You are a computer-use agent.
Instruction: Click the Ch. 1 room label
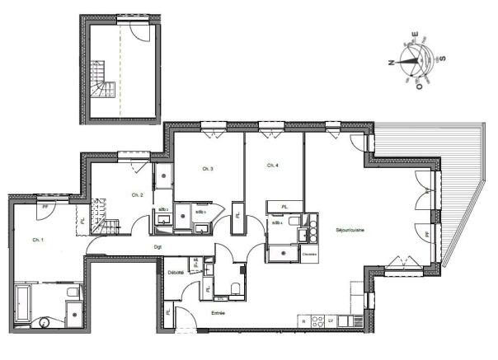(x=37, y=240)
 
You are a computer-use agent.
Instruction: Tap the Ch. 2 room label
(x=138, y=194)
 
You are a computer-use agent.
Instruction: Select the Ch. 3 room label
(x=208, y=169)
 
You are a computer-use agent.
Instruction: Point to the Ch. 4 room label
(x=272, y=166)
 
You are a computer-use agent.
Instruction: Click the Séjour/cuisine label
(x=350, y=230)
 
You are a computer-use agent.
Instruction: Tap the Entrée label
(x=218, y=313)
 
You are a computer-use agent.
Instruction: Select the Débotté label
(x=176, y=271)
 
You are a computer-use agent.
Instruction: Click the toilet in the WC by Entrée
(x=237, y=288)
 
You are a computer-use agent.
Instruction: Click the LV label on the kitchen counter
(x=330, y=320)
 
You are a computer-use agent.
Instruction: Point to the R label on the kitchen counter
(x=304, y=320)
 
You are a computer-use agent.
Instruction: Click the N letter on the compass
(x=392, y=61)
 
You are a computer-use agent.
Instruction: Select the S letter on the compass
(x=443, y=58)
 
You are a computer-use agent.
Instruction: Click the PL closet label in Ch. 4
(x=284, y=206)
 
